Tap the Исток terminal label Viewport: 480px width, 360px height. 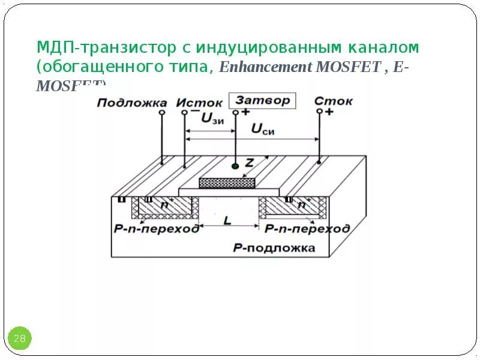pos(199,103)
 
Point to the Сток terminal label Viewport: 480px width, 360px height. pos(334,101)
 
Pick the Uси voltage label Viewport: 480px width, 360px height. pos(262,130)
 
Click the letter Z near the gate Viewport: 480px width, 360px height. pos(250,161)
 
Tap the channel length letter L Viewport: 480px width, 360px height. pos(227,221)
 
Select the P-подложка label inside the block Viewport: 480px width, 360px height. pos(273,248)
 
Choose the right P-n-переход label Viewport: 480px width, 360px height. pos(307,229)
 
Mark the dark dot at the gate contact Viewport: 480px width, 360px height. pos(235,166)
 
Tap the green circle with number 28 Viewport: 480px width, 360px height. pos(19,338)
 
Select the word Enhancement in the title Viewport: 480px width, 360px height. pos(265,67)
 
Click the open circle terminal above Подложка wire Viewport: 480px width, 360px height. pos(162,112)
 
